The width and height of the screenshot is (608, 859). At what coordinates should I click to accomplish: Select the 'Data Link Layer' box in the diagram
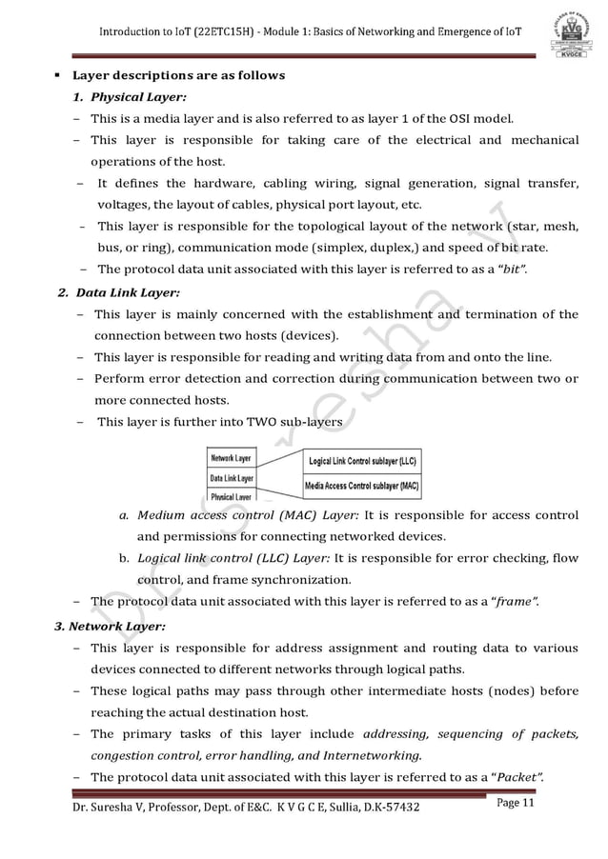(232, 477)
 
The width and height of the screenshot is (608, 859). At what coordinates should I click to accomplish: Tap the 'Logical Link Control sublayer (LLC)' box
(361, 461)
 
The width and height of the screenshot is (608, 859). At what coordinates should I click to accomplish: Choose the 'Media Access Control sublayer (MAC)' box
(361, 485)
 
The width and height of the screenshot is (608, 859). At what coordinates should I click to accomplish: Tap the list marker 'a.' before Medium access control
(124, 516)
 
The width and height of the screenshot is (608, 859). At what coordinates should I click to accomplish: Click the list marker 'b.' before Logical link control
(124, 558)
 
